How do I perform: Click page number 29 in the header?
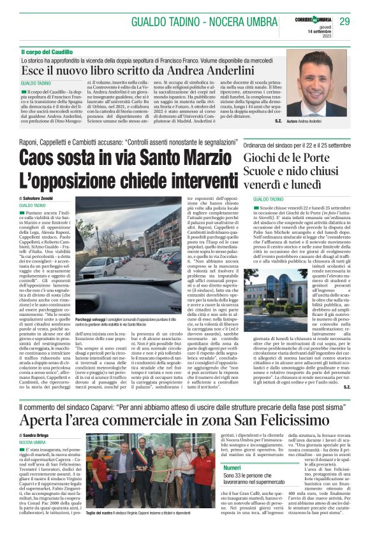pos(344,22)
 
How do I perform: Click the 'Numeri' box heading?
pos(214,468)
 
